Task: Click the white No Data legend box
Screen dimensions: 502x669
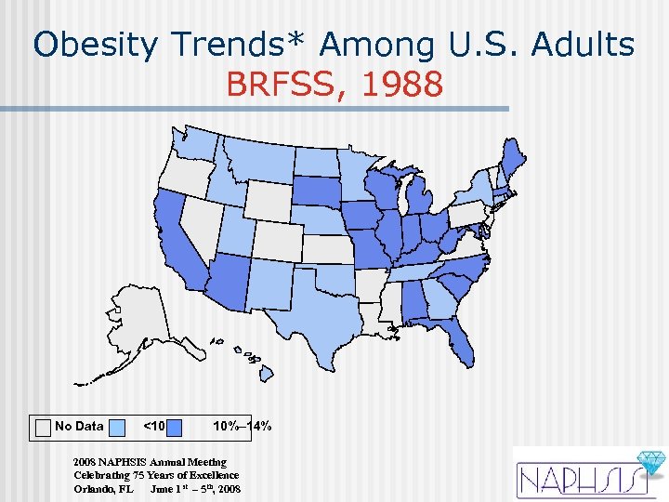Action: tap(43, 427)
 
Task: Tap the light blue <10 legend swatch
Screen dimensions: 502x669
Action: tap(118, 427)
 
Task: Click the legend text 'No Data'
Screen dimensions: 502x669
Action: tap(79, 427)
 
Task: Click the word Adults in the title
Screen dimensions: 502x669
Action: tap(582, 44)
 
